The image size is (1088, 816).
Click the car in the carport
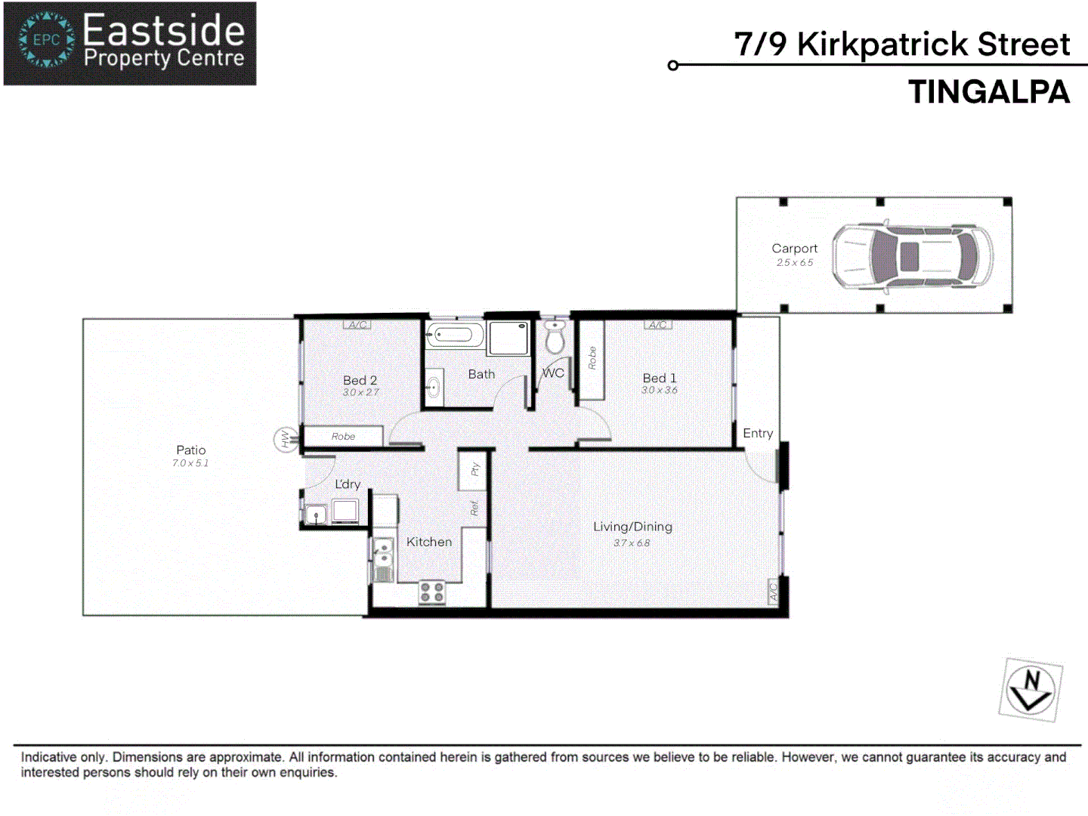point(913,257)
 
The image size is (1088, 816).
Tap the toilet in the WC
point(555,338)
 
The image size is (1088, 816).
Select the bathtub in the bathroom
point(454,335)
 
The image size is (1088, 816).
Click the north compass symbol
point(1031,689)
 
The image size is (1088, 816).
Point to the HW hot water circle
point(286,439)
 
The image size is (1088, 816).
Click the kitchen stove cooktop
point(432,592)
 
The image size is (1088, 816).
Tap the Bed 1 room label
point(660,378)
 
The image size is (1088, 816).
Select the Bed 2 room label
point(360,380)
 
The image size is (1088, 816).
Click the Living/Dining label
point(632,527)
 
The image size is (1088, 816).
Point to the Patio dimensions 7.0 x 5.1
point(190,463)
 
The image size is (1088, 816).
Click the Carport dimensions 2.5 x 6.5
point(795,263)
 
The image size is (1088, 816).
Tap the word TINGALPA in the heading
point(989,92)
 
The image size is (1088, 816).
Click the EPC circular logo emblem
point(47,40)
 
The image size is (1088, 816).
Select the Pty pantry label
point(475,469)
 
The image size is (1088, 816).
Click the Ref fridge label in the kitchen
point(474,508)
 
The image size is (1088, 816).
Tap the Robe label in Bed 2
point(343,437)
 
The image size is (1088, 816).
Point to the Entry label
point(758,433)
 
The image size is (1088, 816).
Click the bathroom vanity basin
point(434,388)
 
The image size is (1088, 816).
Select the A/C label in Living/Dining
point(773,592)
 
